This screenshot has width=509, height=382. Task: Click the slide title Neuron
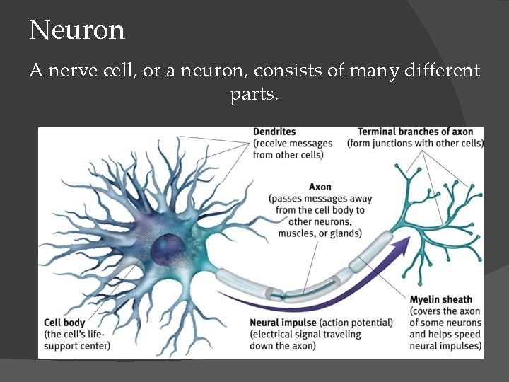tap(77, 30)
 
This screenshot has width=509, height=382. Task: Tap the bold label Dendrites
tap(274, 132)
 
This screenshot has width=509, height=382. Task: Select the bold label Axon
tap(320, 187)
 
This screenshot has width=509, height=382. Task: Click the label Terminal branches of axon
tap(415, 132)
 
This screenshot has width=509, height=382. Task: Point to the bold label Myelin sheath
tap(440, 300)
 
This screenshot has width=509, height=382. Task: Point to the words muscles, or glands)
tap(320, 233)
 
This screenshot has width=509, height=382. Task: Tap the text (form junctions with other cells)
tap(415, 144)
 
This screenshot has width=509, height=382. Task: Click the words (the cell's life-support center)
tap(77, 340)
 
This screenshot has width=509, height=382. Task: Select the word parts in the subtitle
tap(254, 93)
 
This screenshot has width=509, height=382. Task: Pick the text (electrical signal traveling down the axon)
tap(305, 340)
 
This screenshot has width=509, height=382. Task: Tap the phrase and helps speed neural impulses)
tap(445, 340)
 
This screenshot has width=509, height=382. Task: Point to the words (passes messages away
tap(320, 199)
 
